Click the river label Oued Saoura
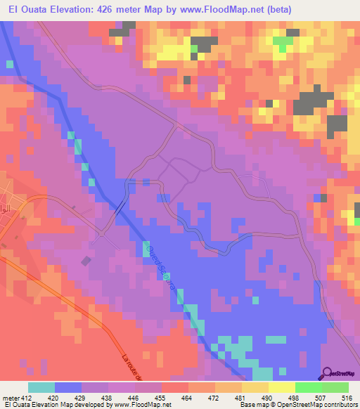click(160, 266)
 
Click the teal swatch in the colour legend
click(41, 387)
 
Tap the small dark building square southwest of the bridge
click(85, 261)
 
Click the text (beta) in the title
click(270, 8)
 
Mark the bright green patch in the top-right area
click(283, 42)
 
